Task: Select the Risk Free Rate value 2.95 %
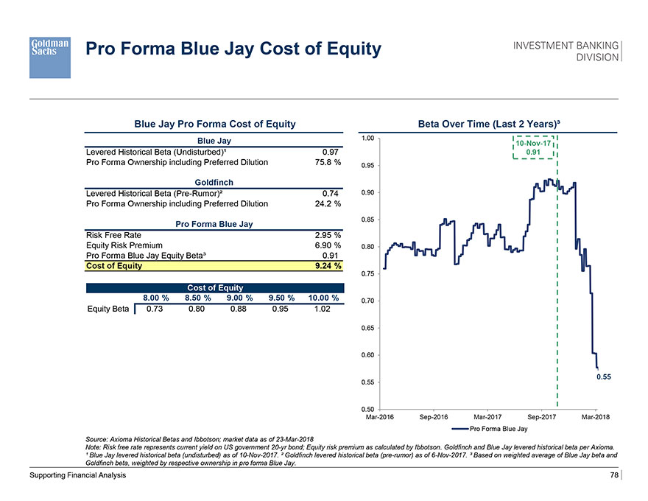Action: [x=327, y=235]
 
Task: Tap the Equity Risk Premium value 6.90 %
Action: [x=327, y=245]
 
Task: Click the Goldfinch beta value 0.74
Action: [x=330, y=193]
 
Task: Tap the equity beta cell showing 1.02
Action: [x=323, y=309]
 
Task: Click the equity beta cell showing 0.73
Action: [x=155, y=309]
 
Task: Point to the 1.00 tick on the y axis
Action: [x=370, y=139]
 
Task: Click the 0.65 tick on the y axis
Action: [x=370, y=327]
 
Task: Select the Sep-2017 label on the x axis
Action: [x=542, y=418]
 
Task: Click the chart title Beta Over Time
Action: [x=490, y=124]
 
